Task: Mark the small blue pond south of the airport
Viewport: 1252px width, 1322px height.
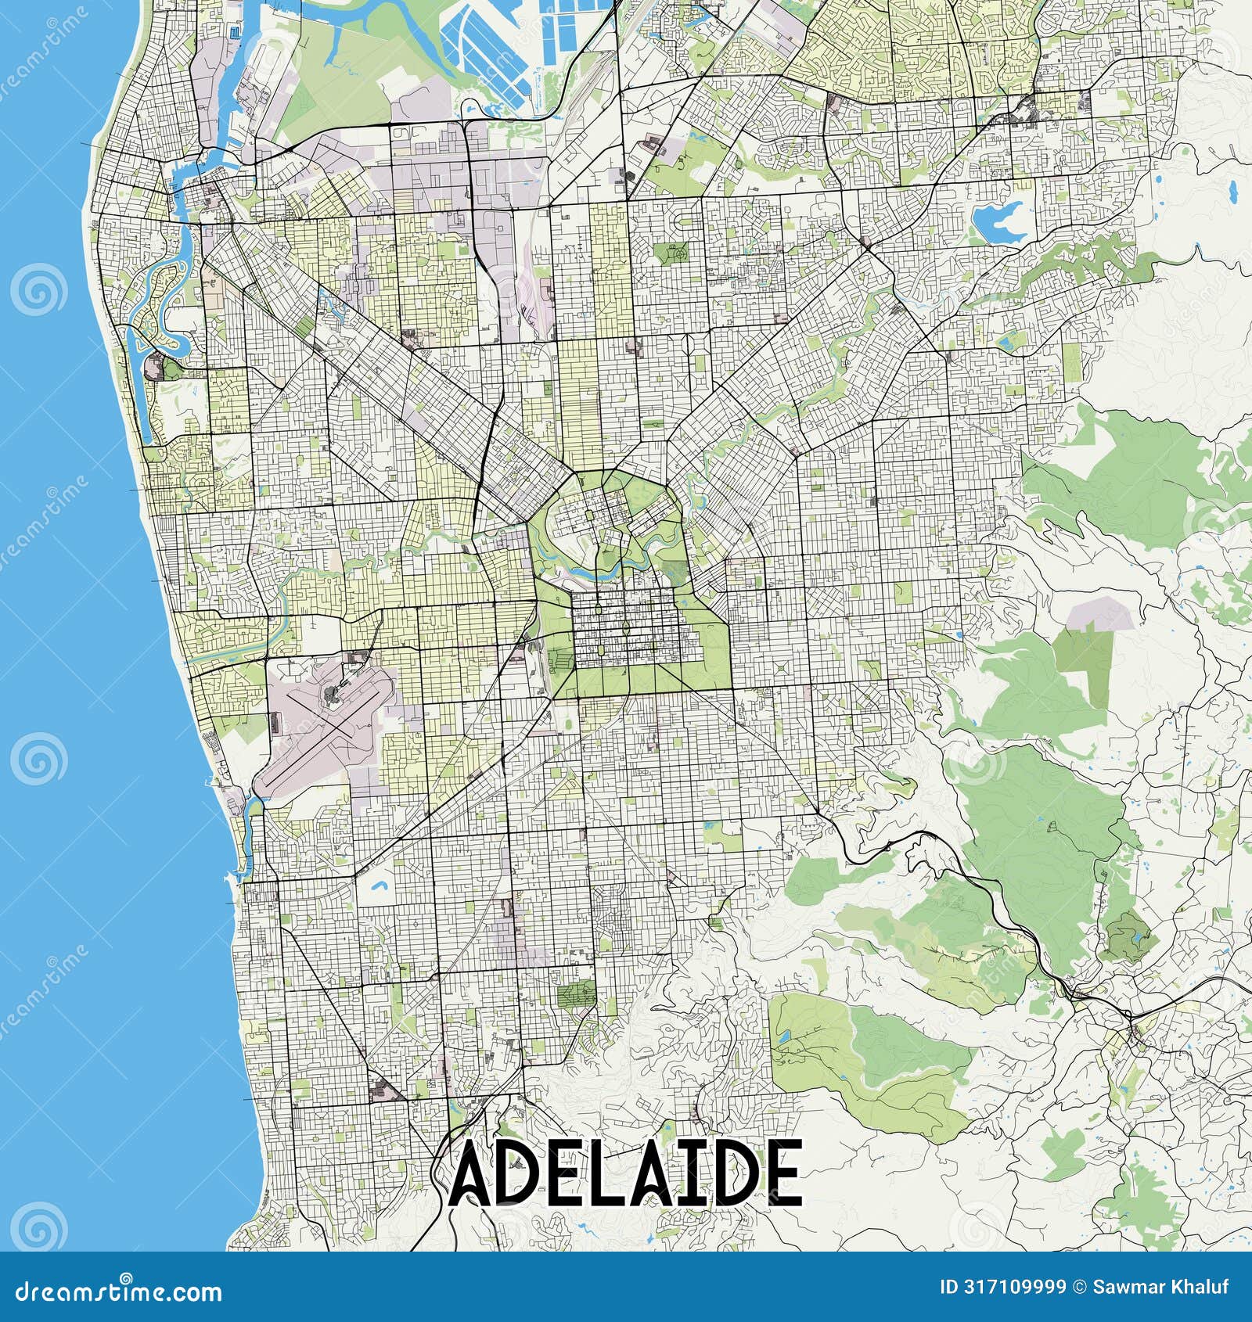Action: [380, 887]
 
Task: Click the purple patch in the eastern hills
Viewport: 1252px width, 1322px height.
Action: [1099, 614]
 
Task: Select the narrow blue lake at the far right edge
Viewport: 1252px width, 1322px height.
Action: [1233, 189]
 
